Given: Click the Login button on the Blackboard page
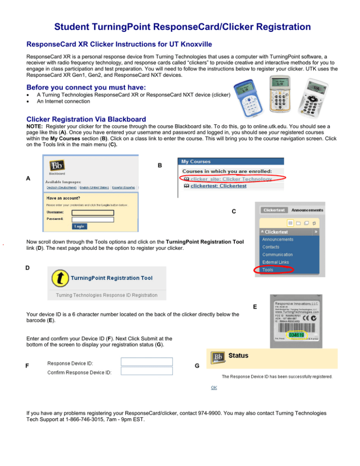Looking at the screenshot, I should pos(80,226).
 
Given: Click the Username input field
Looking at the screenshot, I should pos(93,212).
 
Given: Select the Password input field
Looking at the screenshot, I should pos(93,219).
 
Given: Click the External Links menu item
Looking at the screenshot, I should pos(276,262).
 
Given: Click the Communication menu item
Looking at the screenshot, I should pos(277,255).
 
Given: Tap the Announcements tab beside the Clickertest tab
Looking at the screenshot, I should pos(307,210).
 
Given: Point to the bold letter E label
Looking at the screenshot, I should pos(255,308).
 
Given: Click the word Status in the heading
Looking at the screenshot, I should pos(238,355).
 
